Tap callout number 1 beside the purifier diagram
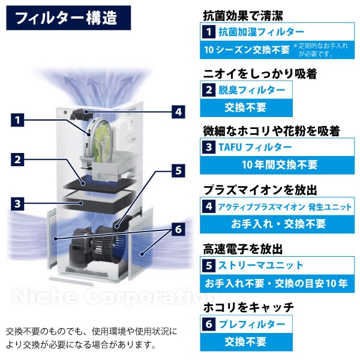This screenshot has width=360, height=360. click(19, 120)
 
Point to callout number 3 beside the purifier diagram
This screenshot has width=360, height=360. click(19, 203)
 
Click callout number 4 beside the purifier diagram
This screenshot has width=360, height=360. click(178, 111)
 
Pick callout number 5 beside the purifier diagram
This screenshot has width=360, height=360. click(178, 170)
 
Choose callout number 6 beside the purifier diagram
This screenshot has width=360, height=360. click(178, 229)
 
